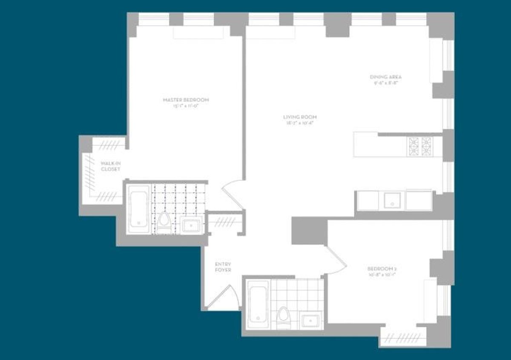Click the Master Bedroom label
click(186, 102)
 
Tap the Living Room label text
click(300, 120)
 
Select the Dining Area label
click(385, 80)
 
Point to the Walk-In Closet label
click(110, 166)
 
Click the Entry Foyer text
click(223, 267)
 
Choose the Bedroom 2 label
click(382, 271)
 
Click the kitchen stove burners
click(419, 146)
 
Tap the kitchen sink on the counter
click(392, 200)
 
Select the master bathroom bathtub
click(138, 209)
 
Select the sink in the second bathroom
click(311, 319)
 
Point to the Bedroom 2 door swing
click(336, 260)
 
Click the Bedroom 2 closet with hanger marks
click(402, 338)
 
